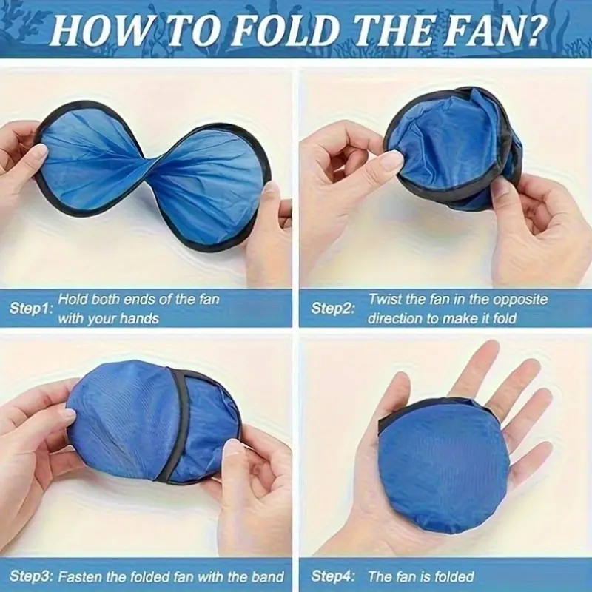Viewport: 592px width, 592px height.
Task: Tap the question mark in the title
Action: pyautogui.click(x=534, y=30)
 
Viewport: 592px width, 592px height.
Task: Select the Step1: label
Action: pyautogui.click(x=30, y=309)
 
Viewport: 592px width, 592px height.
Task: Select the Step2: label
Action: pyautogui.click(x=333, y=309)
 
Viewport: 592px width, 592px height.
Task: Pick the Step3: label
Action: pyautogui.click(x=31, y=576)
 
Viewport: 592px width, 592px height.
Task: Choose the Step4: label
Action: pyautogui.click(x=333, y=576)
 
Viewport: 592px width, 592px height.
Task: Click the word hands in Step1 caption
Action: pyautogui.click(x=140, y=319)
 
